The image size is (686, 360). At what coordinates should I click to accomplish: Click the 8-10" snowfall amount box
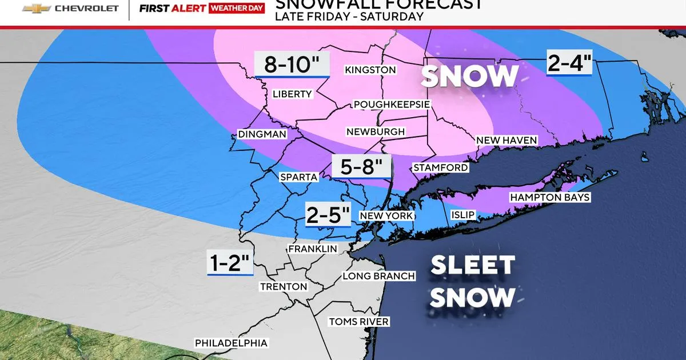292,63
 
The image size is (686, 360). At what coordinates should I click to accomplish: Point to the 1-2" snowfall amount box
230,263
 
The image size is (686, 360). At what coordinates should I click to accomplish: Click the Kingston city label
370,70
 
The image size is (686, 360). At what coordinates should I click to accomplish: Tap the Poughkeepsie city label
392,105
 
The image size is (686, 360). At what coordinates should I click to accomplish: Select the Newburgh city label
376,131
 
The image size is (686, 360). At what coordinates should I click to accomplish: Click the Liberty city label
292,94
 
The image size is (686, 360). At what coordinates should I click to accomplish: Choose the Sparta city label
298,177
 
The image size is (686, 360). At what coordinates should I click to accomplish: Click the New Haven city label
506,140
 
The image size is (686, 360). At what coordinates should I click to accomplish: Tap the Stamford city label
440,167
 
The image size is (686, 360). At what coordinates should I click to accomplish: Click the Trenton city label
283,286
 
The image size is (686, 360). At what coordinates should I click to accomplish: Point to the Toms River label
358,322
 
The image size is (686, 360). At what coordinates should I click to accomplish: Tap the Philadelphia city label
231,343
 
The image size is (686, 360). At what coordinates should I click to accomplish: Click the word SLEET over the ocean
472,266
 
